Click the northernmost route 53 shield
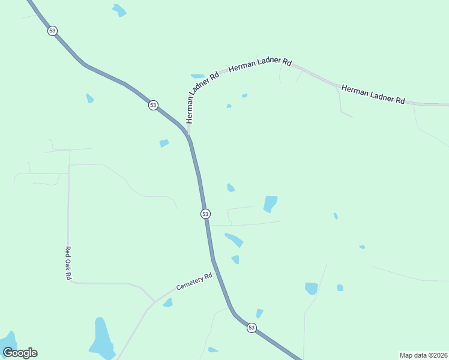(53, 31)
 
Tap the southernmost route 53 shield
(252, 328)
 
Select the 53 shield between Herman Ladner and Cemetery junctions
(205, 214)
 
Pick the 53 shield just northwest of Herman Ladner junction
(153, 105)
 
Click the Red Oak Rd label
(68, 263)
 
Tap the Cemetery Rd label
(195, 282)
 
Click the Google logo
(20, 353)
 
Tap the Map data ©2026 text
(423, 355)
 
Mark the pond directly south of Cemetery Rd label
(168, 303)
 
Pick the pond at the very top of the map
(119, 10)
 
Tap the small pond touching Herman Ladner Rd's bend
(197, 76)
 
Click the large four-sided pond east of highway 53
(270, 204)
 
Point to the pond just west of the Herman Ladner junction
(164, 143)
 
